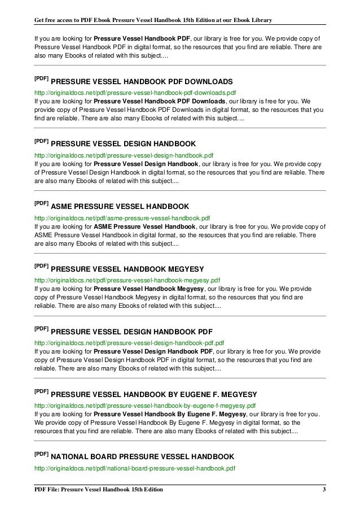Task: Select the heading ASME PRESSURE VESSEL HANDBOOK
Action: [x=124, y=206]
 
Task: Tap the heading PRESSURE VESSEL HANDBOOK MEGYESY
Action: [x=131, y=269]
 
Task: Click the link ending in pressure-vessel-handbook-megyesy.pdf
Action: [x=128, y=280]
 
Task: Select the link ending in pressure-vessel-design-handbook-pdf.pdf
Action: [x=130, y=342]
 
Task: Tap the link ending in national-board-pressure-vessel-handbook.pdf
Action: [x=135, y=468]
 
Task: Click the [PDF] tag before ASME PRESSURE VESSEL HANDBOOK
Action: [x=42, y=203]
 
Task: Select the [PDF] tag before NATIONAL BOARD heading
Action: [x=42, y=453]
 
